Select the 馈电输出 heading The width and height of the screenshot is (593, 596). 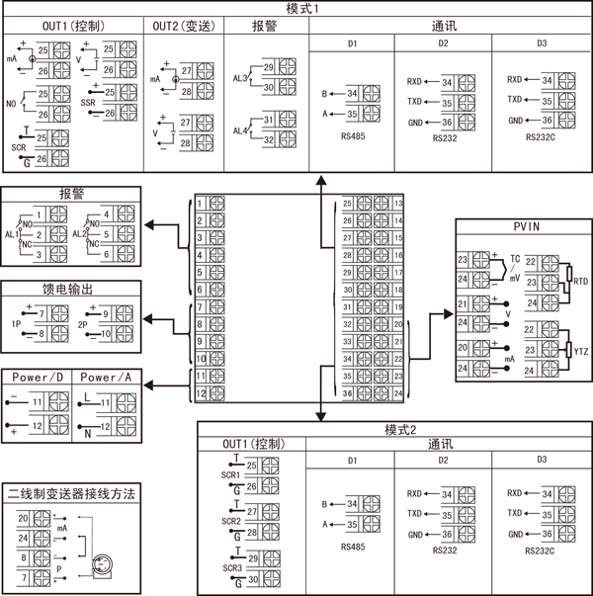coord(70,291)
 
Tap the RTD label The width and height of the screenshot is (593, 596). coord(582,282)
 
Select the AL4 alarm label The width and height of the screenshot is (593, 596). coord(240,130)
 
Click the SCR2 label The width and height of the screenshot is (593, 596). coord(232,521)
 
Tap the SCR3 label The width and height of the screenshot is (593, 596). coord(232,568)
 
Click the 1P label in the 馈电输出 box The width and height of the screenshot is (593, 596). coord(17,323)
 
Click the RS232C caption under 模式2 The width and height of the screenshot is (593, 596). coord(541,550)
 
